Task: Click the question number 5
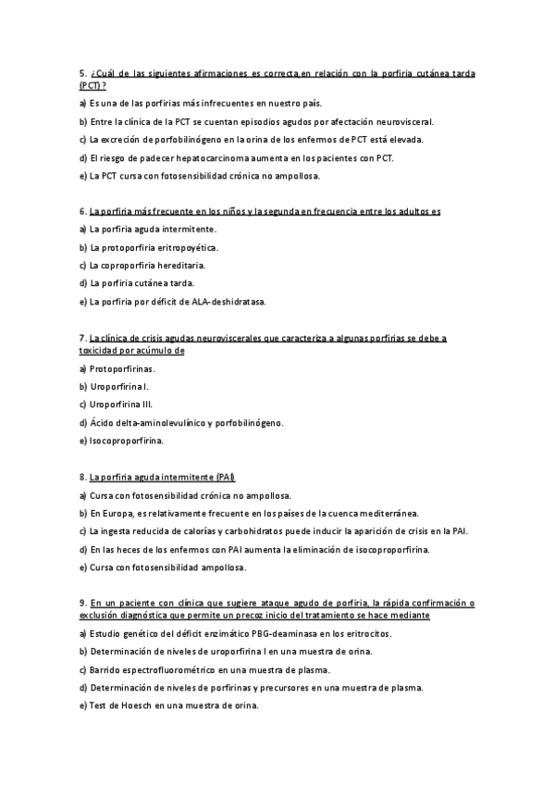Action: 82,73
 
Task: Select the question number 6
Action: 82,212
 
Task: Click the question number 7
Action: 82,339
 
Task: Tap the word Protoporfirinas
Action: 122,369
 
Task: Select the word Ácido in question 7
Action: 101,423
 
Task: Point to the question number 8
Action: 82,477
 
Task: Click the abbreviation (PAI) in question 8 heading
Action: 224,477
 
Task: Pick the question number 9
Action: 82,603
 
